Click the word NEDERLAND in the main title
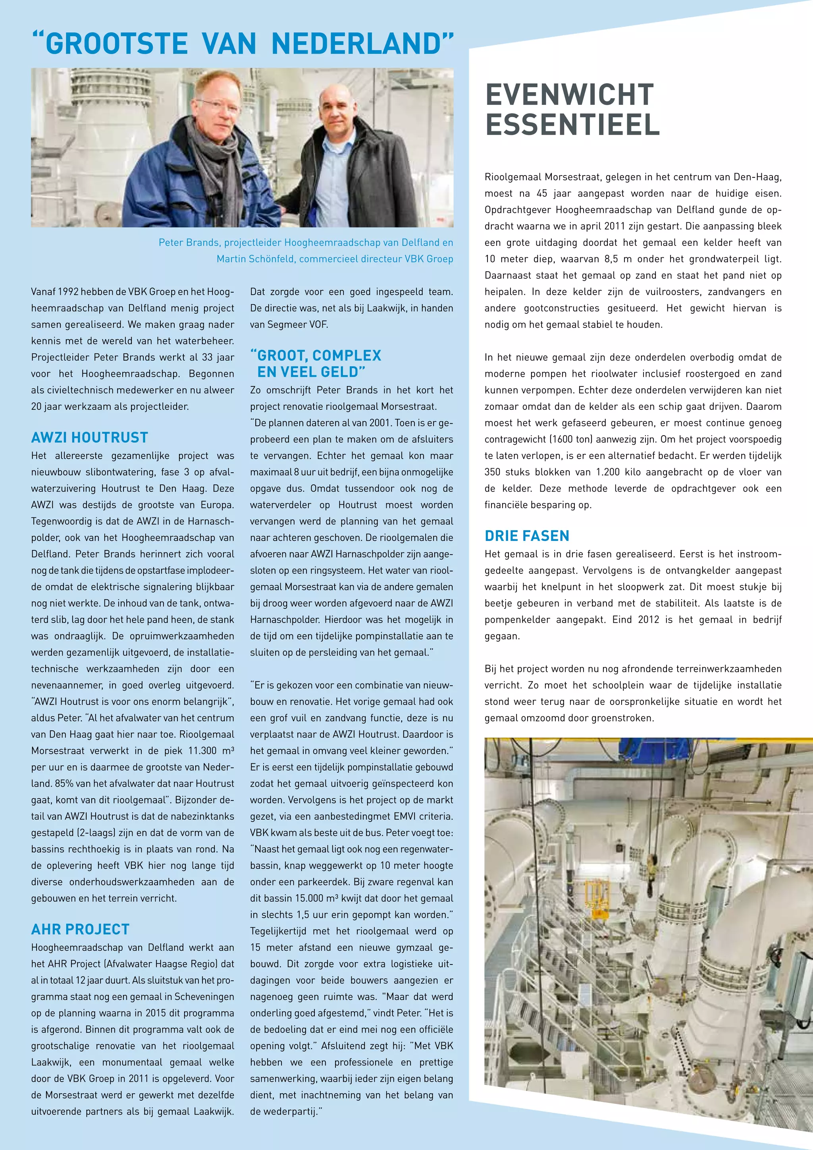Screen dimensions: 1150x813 pos(357,44)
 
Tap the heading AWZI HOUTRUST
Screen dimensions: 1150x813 pos(90,438)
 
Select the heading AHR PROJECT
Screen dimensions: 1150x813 pos(80,930)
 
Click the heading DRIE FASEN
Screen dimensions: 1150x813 pos(527,536)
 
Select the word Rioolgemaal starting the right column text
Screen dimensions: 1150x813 pos(512,177)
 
